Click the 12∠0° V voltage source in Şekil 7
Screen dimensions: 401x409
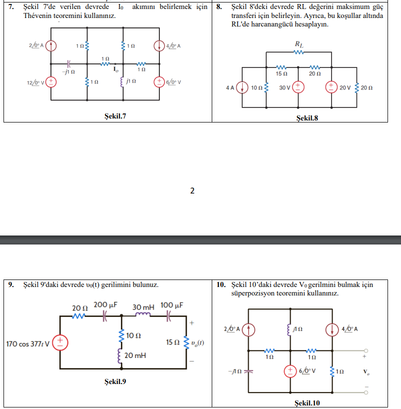click(51, 82)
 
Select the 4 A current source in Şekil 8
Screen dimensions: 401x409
click(242, 87)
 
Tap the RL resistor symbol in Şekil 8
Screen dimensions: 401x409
click(299, 52)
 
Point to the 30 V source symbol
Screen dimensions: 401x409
click(298, 87)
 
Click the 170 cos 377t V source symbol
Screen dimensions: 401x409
click(60, 342)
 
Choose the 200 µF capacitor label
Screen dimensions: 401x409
click(105, 304)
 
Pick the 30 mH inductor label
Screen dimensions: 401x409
click(143, 307)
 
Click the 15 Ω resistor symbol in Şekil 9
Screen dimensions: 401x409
click(186, 342)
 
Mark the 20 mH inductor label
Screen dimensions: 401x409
click(135, 355)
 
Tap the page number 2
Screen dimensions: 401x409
click(192, 190)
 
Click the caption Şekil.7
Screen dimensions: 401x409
click(115, 116)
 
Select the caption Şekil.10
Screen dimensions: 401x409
click(307, 403)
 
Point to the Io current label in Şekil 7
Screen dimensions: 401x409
click(116, 69)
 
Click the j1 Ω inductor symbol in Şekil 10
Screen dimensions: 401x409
click(289, 329)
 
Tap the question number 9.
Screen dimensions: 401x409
click(11, 284)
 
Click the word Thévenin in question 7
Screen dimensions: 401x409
click(37, 15)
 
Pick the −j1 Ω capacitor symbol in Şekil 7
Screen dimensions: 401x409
click(68, 63)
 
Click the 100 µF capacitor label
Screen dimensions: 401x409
click(172, 305)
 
